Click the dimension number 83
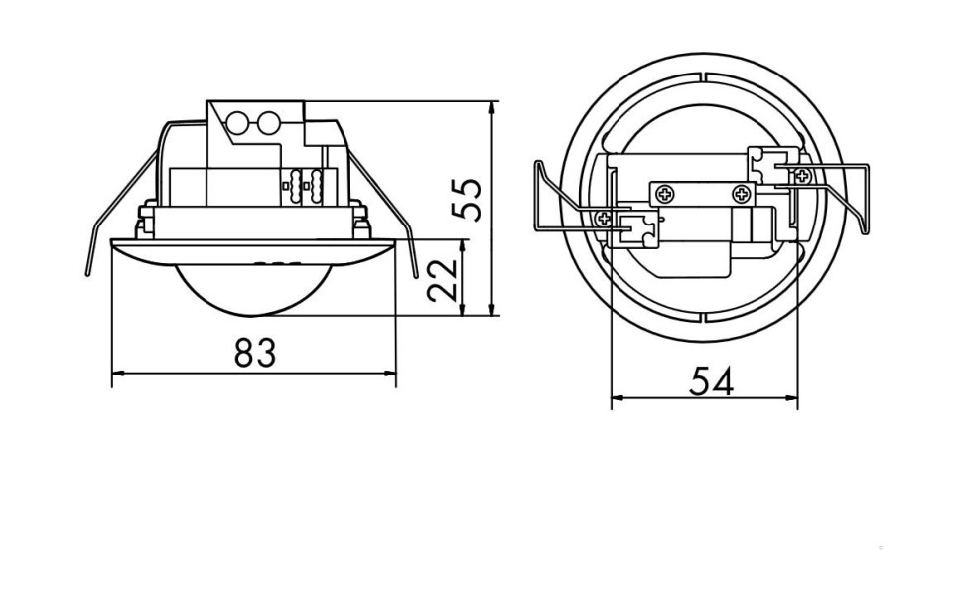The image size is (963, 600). point(254,352)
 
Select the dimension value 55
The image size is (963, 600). point(467,199)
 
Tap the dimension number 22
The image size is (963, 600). point(443,280)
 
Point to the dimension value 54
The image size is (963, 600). point(711,380)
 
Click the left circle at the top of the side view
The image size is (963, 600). point(239,124)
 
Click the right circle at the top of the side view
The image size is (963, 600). point(268,124)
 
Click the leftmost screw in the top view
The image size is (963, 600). point(603,217)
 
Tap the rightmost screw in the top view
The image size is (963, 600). point(802,176)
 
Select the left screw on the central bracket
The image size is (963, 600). point(663,193)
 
